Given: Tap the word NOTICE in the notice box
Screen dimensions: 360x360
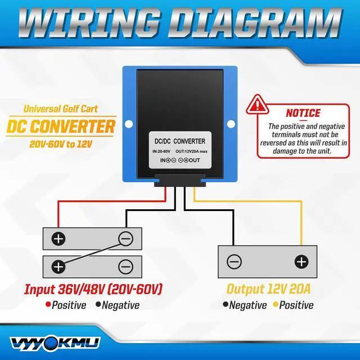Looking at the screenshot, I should (x=303, y=113).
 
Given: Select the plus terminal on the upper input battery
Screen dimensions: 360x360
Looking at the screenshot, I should (x=58, y=238).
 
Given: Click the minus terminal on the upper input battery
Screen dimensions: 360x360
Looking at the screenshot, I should (x=125, y=239).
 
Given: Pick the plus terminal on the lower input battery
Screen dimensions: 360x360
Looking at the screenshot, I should (x=58, y=266).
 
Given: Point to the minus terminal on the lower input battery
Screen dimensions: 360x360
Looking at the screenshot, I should (x=125, y=266).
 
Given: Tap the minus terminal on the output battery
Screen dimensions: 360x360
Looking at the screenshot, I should (x=234, y=262).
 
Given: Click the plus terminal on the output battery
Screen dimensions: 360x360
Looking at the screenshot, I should (x=301, y=262).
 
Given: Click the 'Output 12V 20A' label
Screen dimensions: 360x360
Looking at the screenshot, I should (x=269, y=289).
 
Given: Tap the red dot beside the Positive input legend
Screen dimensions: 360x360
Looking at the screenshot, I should (x=48, y=305).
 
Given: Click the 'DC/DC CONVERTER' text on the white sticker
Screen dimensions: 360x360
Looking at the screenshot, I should (x=180, y=141).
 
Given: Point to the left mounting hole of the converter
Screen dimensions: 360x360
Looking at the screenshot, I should (x=129, y=122).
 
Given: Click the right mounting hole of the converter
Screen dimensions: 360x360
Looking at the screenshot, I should (x=231, y=122).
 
